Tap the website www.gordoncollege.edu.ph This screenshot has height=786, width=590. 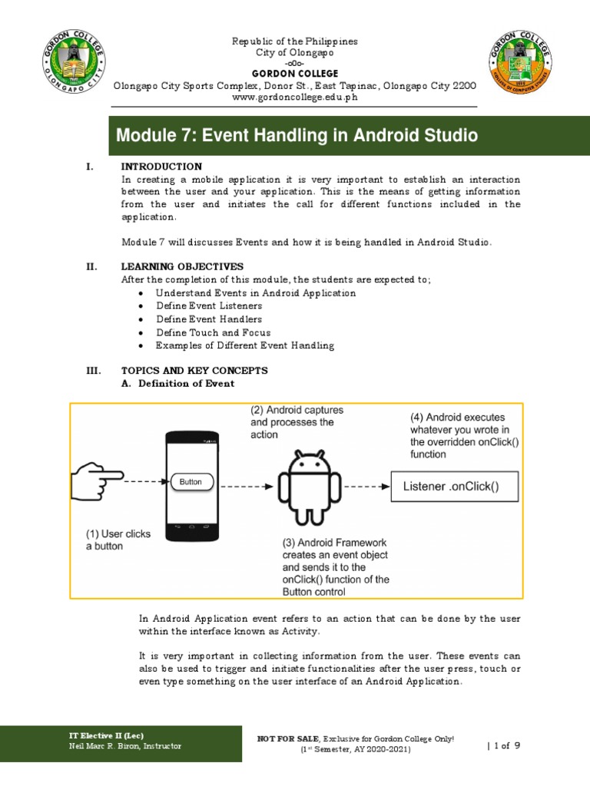pyautogui.click(x=295, y=97)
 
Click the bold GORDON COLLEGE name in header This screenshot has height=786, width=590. pyautogui.click(x=295, y=74)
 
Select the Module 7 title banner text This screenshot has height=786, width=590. pyautogui.click(x=297, y=137)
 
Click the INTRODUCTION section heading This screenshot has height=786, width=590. pyautogui.click(x=161, y=167)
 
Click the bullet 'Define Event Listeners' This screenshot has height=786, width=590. pyautogui.click(x=209, y=305)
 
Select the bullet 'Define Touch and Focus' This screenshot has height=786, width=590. pyautogui.click(x=213, y=332)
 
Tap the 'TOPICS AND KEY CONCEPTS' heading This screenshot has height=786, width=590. pyautogui.click(x=194, y=371)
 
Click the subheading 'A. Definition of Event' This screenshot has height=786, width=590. pyautogui.click(x=178, y=383)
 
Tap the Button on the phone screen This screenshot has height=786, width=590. pyautogui.click(x=191, y=482)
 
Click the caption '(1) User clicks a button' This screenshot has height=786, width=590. pyautogui.click(x=118, y=540)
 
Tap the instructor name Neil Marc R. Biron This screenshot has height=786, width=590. pyautogui.click(x=125, y=746)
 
